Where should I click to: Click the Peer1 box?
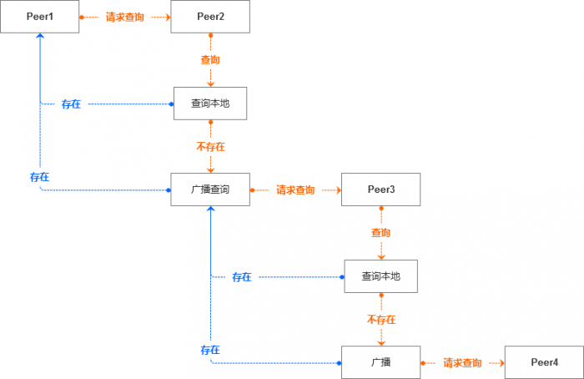(x=40, y=17)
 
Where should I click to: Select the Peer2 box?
(x=210, y=17)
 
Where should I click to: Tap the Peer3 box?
(x=380, y=189)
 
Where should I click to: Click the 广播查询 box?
(x=210, y=189)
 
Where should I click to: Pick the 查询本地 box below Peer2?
(x=210, y=104)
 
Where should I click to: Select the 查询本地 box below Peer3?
(x=380, y=276)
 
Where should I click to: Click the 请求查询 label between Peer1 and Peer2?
(x=125, y=17)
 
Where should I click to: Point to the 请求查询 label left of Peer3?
(x=295, y=190)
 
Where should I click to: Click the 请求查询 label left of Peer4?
(x=462, y=363)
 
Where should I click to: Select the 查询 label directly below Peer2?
(x=210, y=60)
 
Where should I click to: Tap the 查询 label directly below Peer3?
(x=380, y=233)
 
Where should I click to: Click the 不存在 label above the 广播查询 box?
(x=210, y=147)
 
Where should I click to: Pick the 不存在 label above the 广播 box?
(x=380, y=320)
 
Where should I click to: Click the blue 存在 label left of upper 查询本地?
(x=72, y=104)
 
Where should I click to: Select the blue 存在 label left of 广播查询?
(x=39, y=177)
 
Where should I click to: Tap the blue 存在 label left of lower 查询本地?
(x=242, y=277)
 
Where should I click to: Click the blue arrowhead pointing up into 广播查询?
(x=210, y=211)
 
